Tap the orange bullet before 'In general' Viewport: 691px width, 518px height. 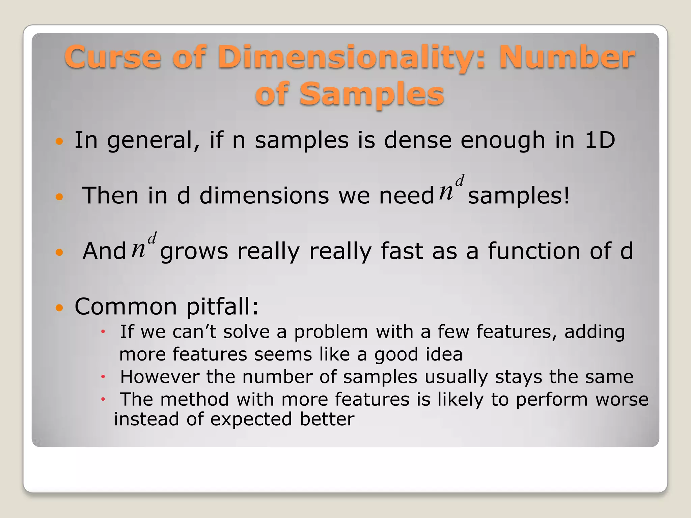[59, 141]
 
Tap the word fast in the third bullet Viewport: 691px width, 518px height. [402, 251]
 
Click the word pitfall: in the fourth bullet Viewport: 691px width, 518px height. [222, 307]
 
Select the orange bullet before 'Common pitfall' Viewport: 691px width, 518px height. [59, 308]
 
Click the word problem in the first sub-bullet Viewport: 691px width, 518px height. [331, 332]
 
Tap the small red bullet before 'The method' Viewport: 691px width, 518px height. [103, 400]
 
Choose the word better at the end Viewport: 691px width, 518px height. [327, 419]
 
